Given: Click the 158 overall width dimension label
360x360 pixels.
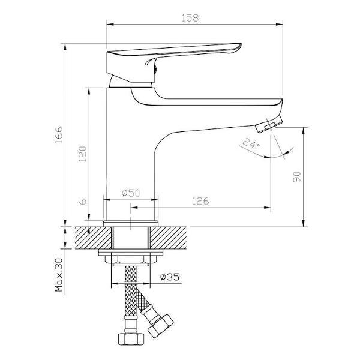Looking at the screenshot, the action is click(190, 19).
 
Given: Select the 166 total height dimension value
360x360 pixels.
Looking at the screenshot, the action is click(59, 134).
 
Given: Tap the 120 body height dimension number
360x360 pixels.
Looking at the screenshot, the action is click(82, 154).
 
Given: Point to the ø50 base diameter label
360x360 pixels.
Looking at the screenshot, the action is click(131, 193).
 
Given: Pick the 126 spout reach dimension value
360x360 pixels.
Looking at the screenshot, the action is click(200, 202).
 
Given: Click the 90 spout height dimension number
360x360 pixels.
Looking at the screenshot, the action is click(296, 176).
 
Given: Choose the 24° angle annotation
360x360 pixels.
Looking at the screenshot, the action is click(251, 143).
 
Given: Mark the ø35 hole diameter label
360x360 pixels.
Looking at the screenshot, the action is click(170, 277).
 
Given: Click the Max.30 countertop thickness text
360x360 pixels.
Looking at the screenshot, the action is click(59, 275).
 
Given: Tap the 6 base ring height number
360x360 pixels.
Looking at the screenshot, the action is click(83, 202).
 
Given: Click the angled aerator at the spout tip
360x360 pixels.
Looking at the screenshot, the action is click(269, 124).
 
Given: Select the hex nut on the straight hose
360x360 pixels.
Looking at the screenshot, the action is click(131, 338).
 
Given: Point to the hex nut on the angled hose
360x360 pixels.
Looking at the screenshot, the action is click(161, 326).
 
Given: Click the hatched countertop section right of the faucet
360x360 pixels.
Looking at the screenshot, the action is click(168, 238).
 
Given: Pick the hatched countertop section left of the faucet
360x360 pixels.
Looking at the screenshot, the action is click(93, 238).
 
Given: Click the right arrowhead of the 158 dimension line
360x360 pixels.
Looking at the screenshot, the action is click(280, 25).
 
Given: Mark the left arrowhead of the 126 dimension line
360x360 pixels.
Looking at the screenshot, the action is click(134, 208).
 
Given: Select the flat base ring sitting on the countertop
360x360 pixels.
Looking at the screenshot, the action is click(131, 224).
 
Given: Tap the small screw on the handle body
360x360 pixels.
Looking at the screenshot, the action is click(155, 68).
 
